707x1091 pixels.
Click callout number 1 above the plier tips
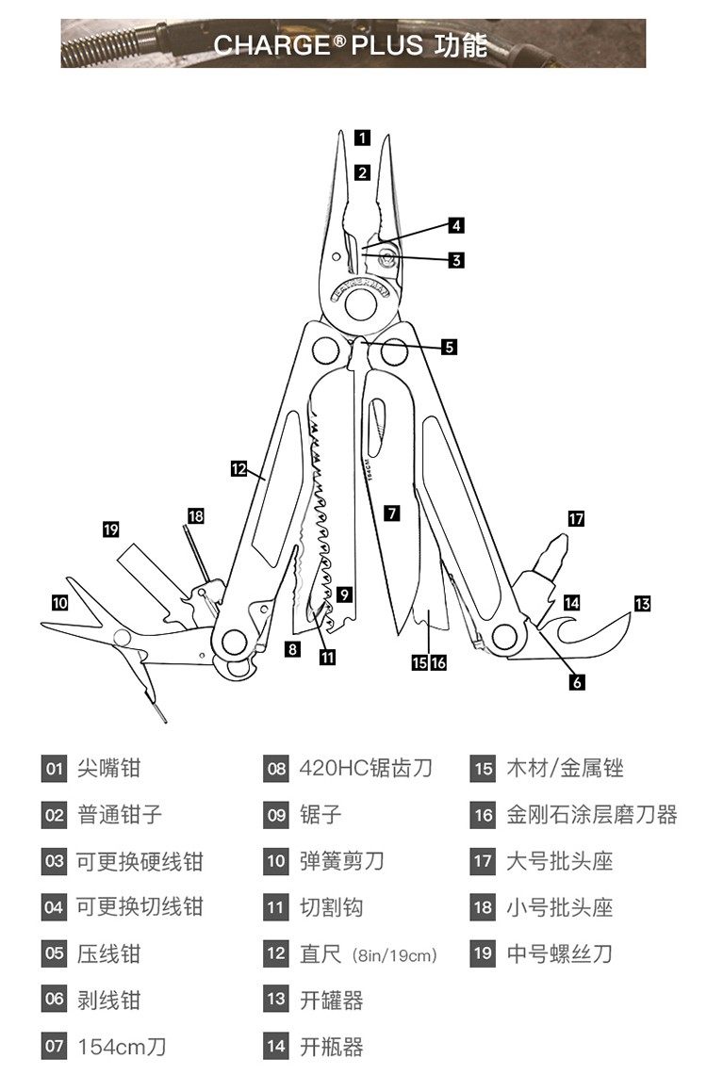(x=362, y=138)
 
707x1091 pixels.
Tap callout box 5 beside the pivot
(x=450, y=347)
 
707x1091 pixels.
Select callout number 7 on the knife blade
(x=392, y=513)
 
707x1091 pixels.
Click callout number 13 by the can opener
(x=642, y=603)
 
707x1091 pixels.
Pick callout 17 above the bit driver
(x=576, y=518)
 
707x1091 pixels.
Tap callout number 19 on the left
(x=111, y=529)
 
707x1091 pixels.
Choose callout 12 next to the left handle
(x=238, y=468)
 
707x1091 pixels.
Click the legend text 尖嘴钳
(x=108, y=768)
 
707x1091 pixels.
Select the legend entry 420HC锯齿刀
(x=366, y=768)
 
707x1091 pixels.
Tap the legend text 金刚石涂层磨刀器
(x=592, y=814)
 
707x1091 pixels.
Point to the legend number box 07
(x=55, y=1046)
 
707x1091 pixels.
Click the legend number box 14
(x=275, y=1046)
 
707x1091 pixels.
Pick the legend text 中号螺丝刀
(x=560, y=953)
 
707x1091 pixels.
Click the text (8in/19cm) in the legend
(x=393, y=955)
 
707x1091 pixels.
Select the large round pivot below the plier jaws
(x=360, y=303)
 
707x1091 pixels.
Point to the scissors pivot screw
(x=122, y=638)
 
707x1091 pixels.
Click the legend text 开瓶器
(x=332, y=1046)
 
